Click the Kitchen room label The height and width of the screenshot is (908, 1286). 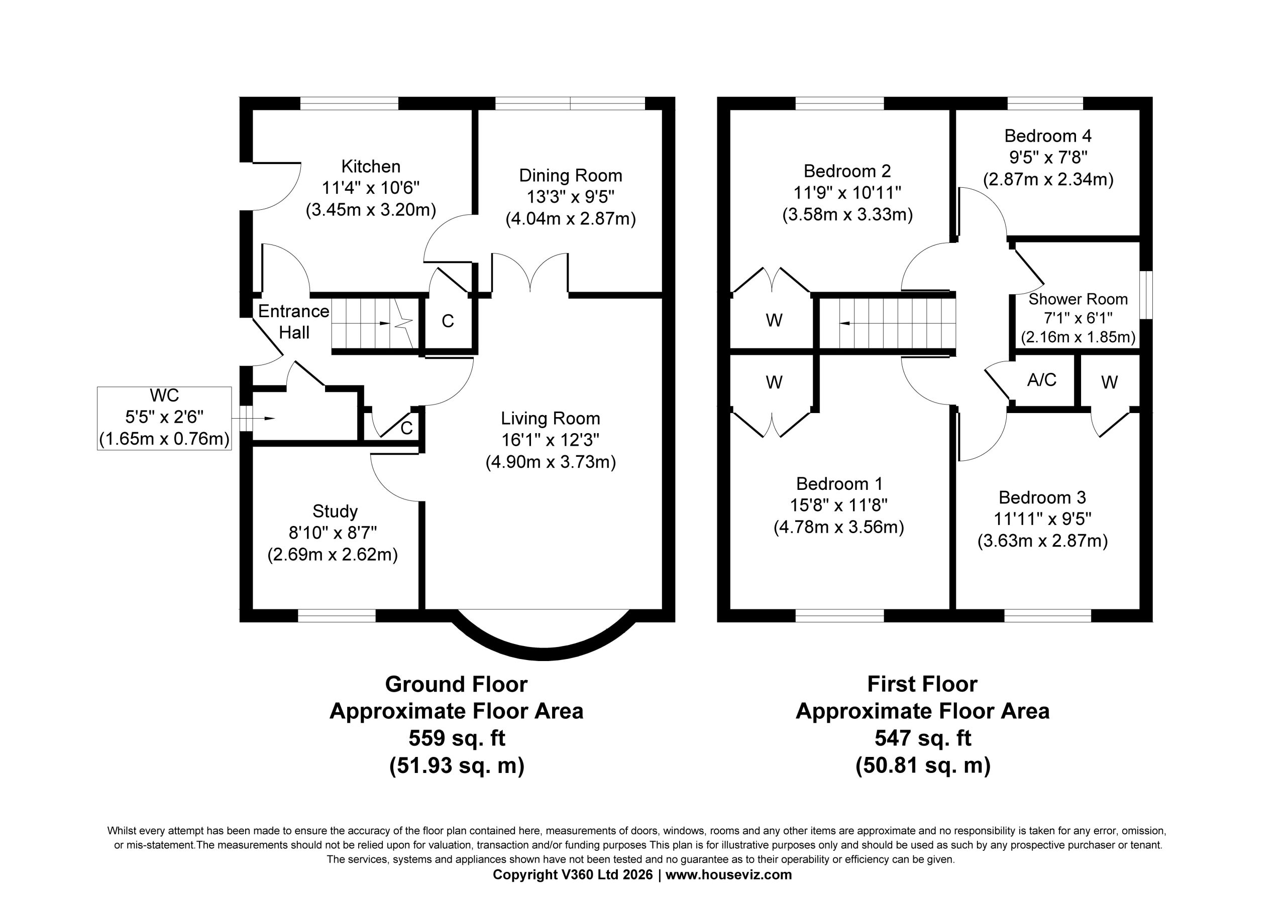(x=371, y=166)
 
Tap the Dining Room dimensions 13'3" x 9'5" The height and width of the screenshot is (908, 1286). (x=570, y=197)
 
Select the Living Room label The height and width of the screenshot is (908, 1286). (x=550, y=418)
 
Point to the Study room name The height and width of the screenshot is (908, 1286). (x=335, y=511)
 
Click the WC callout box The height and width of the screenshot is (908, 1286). (x=164, y=418)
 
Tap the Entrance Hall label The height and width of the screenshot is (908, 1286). (x=293, y=322)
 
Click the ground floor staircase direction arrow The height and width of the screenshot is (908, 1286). (x=383, y=324)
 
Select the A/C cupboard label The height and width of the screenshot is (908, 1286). (x=1042, y=380)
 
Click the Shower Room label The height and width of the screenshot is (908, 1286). (x=1078, y=299)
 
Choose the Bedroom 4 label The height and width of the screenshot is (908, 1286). (x=1048, y=136)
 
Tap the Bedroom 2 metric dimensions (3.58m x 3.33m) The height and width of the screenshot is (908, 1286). (x=847, y=214)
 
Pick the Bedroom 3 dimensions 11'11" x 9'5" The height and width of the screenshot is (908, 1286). (x=1042, y=519)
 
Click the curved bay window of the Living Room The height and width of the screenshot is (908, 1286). (x=544, y=652)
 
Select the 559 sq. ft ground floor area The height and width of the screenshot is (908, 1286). (x=457, y=738)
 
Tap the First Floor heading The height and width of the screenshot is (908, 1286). (x=922, y=684)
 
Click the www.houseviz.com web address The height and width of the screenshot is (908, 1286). (x=729, y=874)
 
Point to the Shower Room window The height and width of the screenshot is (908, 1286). (x=1146, y=295)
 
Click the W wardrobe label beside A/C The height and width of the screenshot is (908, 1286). (x=1110, y=382)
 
